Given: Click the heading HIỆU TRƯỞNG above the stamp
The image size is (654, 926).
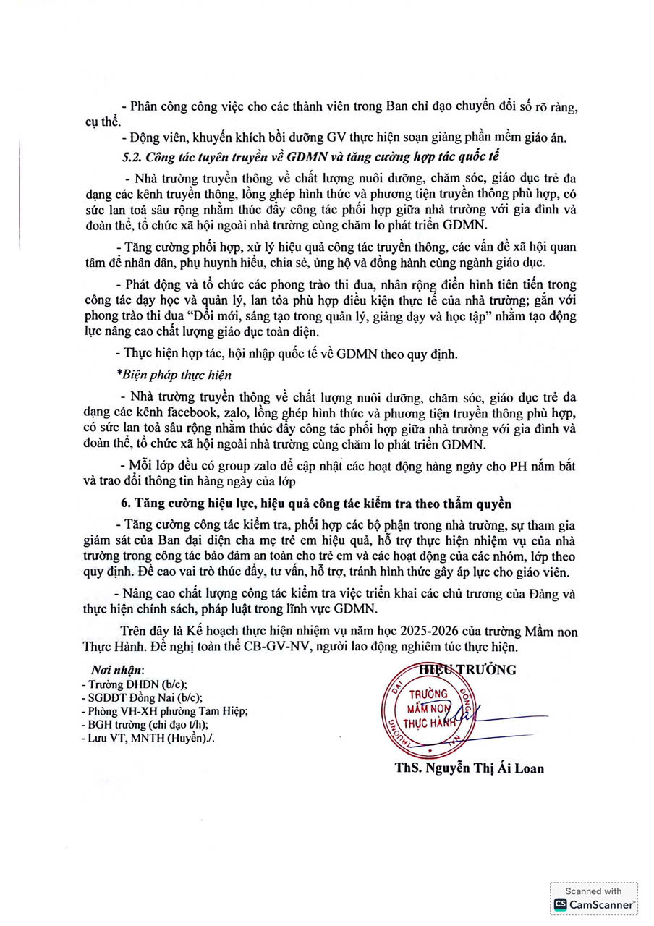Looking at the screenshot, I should (468, 670).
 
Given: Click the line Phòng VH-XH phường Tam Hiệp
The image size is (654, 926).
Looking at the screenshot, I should (166, 711).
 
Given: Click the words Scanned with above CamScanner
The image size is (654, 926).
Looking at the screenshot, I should (593, 891).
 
